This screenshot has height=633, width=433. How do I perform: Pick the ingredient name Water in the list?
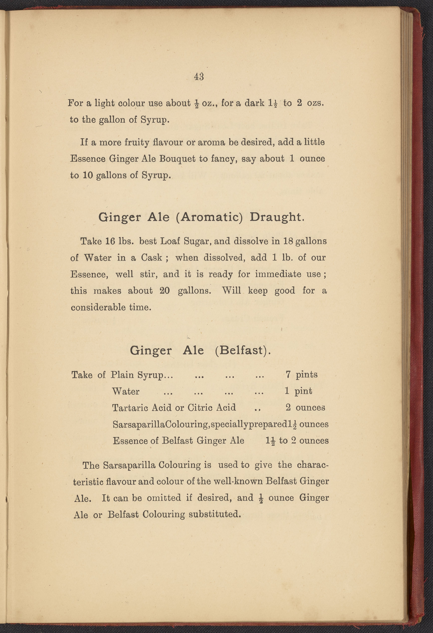(125, 391)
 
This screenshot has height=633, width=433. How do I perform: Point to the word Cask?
(151, 258)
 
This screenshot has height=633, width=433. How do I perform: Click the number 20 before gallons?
(164, 291)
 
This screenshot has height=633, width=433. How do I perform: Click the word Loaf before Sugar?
(170, 241)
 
